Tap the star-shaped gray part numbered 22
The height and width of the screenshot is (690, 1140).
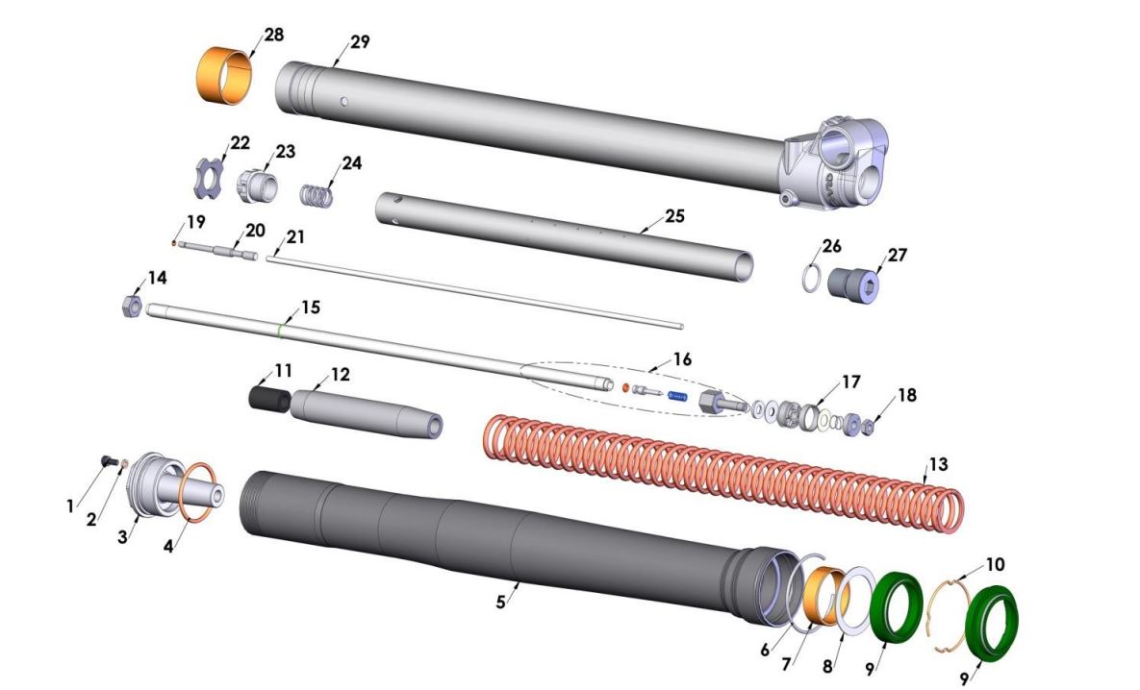coord(205,180)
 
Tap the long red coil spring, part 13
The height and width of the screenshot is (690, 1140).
coord(722,471)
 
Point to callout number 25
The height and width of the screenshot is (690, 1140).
coord(674,216)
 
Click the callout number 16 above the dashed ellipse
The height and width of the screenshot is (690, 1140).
coord(681,359)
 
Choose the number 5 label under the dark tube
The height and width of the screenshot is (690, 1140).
coord(500,603)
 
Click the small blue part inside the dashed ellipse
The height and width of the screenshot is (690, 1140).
coord(679,395)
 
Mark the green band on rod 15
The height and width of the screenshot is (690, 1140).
coord(279,330)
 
